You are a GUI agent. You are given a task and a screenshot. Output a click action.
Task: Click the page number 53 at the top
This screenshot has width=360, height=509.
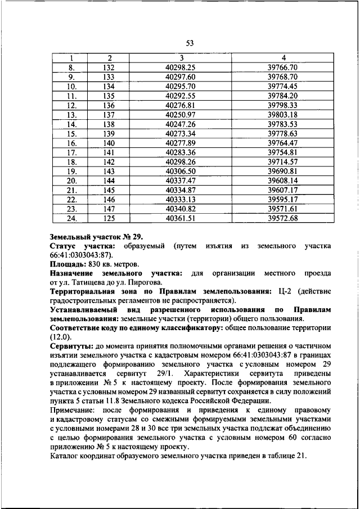tap(190, 43)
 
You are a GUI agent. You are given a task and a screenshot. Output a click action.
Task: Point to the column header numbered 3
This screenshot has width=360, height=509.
tap(181, 58)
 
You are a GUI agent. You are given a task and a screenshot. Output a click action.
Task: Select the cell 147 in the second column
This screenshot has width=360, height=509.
tap(109, 209)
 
